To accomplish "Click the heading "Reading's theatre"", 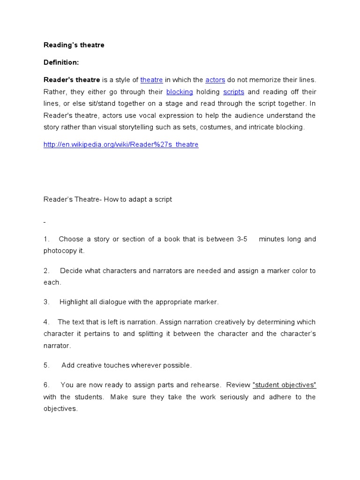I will click(x=74, y=45).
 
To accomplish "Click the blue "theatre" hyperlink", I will click(x=151, y=80).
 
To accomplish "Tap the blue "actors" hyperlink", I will click(x=215, y=80).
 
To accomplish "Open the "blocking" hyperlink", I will click(x=180, y=92).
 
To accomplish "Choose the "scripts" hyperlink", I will click(x=233, y=92).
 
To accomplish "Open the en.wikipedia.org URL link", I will click(x=121, y=144).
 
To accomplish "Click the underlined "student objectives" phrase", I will click(x=285, y=385).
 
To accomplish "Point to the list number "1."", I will click(x=46, y=239).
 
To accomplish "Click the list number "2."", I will click(x=46, y=270).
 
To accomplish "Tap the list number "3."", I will click(x=46, y=302).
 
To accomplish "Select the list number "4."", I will click(x=46, y=322).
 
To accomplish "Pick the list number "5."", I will click(x=46, y=365).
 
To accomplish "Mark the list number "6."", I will click(x=46, y=385).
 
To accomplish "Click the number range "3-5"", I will click(x=242, y=239).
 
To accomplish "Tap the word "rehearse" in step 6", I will click(x=206, y=385).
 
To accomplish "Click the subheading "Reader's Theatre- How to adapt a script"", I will click(x=108, y=199).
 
